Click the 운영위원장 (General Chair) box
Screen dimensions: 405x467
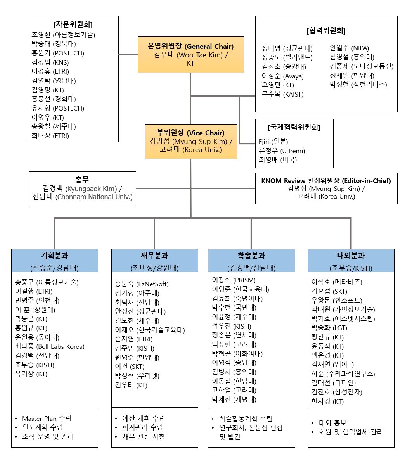click(191, 55)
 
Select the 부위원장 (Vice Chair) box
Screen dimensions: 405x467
click(191, 142)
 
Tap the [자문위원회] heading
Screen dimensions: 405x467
click(73, 24)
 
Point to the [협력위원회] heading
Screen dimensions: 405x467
click(326, 30)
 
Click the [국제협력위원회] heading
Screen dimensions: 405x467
click(294, 127)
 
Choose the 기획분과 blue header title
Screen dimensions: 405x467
click(54, 256)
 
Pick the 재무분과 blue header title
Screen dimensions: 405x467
click(154, 256)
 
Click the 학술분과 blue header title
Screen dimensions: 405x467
click(251, 256)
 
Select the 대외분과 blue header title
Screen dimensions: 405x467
click(351, 256)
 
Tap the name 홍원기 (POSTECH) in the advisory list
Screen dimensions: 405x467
click(58, 53)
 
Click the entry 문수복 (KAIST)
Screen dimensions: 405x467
click(282, 94)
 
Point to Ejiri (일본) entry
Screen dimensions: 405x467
click(273, 142)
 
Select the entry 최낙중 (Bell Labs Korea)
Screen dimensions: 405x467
click(50, 346)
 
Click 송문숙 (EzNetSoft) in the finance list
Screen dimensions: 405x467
click(142, 284)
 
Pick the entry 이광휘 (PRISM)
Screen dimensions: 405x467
click(234, 280)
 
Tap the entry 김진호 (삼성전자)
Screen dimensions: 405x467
click(337, 392)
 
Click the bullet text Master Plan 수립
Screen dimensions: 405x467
click(47, 419)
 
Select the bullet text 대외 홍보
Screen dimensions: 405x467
click(332, 423)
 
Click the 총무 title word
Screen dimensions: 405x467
click(82, 180)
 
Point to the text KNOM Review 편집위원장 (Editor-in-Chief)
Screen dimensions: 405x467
click(326, 181)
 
